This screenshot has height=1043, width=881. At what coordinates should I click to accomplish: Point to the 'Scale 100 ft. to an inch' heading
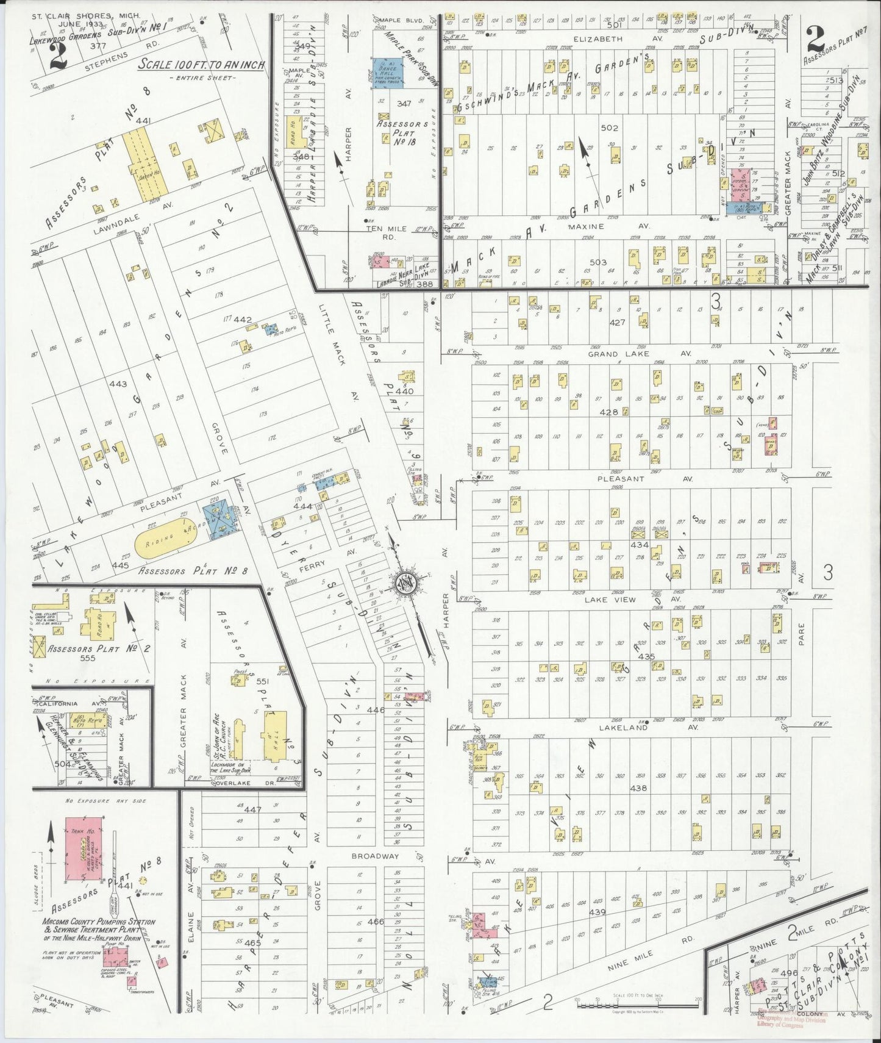201,65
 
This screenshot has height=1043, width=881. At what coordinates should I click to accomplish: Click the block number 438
638,788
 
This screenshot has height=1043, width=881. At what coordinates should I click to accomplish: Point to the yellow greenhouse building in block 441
141,166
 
